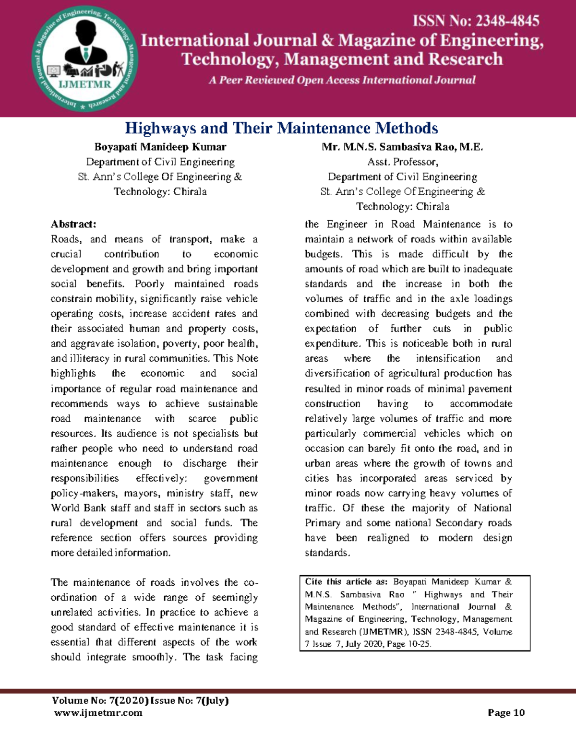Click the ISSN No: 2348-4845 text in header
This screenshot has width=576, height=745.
(476, 21)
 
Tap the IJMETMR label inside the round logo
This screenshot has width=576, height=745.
(85, 85)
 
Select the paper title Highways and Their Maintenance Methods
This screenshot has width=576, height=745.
(281, 128)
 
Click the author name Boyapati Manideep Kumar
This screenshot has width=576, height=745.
(160, 147)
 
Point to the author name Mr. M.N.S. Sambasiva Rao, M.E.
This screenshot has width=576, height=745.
(402, 147)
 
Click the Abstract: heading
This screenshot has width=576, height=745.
(73, 224)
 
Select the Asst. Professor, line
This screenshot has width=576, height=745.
(402, 162)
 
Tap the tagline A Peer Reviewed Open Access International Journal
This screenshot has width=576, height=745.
(342, 80)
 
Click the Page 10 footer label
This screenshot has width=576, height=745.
(506, 712)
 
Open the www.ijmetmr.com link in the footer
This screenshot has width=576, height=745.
(98, 712)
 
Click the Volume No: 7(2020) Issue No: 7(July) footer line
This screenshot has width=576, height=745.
(140, 700)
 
